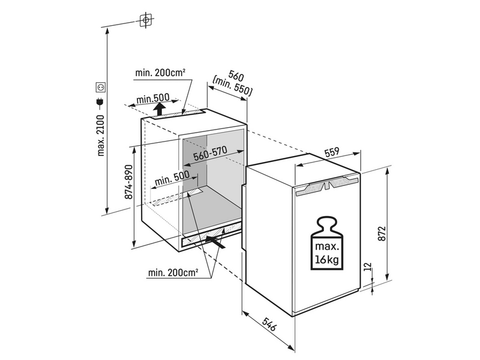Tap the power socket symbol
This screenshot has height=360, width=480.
(101, 87)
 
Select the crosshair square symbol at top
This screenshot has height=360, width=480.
(144, 21)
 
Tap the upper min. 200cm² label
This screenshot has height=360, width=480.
(160, 73)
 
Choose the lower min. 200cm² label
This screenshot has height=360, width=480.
(173, 273)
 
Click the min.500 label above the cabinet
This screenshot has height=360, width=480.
(153, 98)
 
